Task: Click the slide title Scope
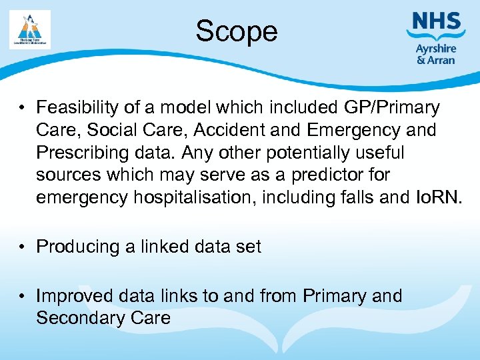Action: (236, 31)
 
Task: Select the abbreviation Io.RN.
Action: (437, 198)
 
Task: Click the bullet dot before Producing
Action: (23, 247)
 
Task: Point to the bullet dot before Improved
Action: (23, 295)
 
